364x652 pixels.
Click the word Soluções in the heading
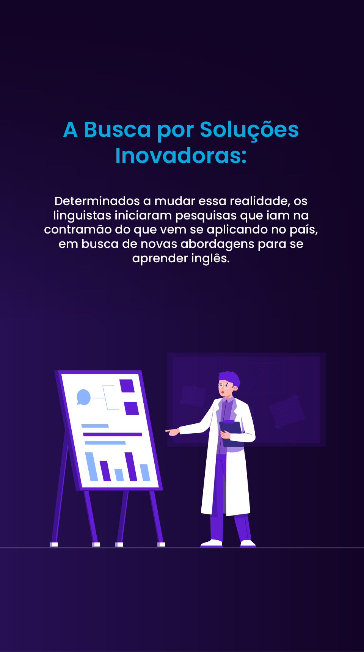click(x=249, y=130)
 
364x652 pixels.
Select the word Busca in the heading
click(x=118, y=130)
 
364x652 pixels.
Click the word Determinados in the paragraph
click(x=97, y=201)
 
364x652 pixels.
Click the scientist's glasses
click(x=225, y=386)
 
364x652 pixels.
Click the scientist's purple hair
click(x=230, y=377)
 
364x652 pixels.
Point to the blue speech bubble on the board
click(x=83, y=397)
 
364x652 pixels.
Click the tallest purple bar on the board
click(x=131, y=466)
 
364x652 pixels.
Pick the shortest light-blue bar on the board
click(x=119, y=475)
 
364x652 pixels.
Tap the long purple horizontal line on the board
click(x=112, y=434)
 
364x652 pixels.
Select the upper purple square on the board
click(x=127, y=386)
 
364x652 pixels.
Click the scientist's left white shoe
click(x=212, y=543)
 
